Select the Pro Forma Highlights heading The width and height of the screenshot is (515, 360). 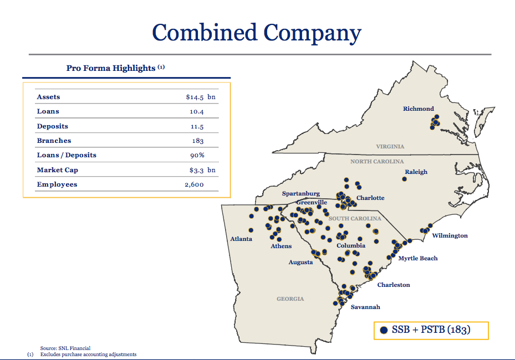[x=111, y=68]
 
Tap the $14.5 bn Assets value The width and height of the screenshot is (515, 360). [x=201, y=97]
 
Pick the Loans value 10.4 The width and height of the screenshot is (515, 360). [x=198, y=111]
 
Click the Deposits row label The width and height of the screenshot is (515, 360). [x=53, y=126]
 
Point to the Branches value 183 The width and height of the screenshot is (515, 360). [x=198, y=141]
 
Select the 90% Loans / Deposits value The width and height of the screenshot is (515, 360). [x=198, y=155]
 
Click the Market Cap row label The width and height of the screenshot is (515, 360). [x=58, y=170]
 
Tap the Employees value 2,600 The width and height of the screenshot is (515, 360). [x=194, y=184]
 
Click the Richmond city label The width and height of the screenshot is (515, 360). [x=419, y=109]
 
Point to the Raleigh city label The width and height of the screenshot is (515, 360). [x=416, y=172]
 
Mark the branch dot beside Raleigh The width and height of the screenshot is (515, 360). [x=405, y=179]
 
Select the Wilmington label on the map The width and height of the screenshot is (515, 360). [x=450, y=235]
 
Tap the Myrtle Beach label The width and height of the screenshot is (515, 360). [x=417, y=258]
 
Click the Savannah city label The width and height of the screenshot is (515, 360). [x=365, y=307]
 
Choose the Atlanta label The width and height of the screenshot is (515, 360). [x=241, y=239]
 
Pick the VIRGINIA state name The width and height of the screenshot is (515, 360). [x=390, y=147]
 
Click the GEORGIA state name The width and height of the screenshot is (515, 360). [x=290, y=299]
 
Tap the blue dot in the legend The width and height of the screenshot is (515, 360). [x=384, y=330]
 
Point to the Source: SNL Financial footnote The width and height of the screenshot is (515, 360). [x=65, y=348]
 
